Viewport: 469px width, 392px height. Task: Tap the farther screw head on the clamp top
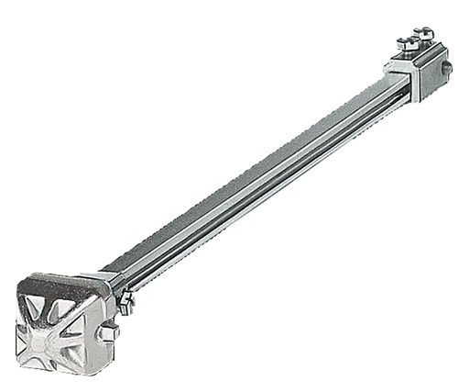point(420,33)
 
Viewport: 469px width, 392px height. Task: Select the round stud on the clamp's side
point(446,68)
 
